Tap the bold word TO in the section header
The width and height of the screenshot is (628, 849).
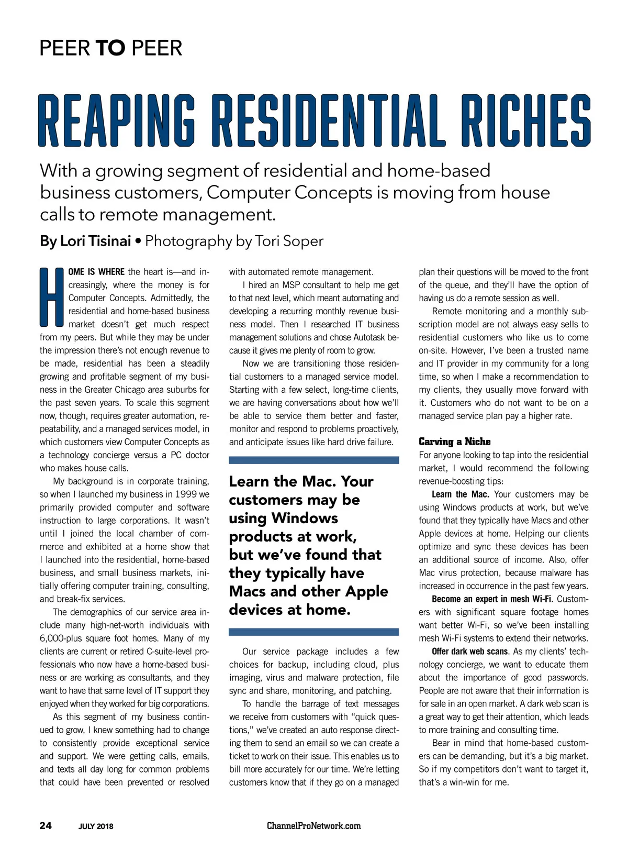click(x=110, y=48)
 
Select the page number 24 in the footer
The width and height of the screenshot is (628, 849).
click(x=46, y=826)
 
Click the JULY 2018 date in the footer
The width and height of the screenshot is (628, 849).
click(x=96, y=826)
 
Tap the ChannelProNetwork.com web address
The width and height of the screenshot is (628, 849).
click(x=313, y=826)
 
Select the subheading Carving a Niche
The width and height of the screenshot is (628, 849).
click(x=454, y=442)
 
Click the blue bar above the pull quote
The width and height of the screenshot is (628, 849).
click(x=313, y=460)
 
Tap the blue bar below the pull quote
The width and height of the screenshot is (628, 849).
click(x=313, y=632)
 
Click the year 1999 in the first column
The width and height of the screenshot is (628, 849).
click(x=186, y=494)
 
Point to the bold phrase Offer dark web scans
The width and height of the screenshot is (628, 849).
click(x=469, y=652)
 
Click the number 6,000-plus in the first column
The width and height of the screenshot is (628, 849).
click(x=63, y=638)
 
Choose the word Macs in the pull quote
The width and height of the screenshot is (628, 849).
click(x=251, y=591)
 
